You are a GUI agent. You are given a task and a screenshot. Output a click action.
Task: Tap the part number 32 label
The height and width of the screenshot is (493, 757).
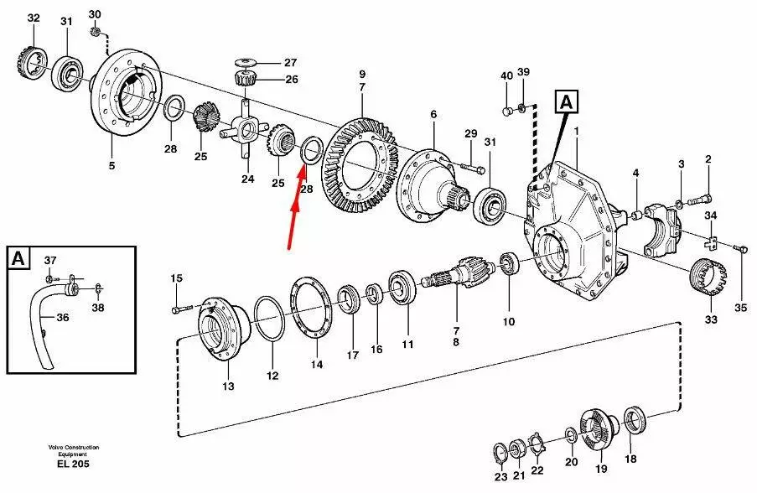pos(34,18)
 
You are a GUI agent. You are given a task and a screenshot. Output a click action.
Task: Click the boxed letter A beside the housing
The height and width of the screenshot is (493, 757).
pos(567,102)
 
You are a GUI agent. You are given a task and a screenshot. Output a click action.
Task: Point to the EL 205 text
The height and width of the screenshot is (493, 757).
pos(73,464)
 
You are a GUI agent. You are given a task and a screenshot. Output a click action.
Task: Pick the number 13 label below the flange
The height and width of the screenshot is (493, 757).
pos(228,386)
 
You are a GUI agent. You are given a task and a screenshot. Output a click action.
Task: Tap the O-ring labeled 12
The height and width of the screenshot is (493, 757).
pos(269,319)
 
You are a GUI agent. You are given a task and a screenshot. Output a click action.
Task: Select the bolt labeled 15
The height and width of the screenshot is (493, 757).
pos(182,308)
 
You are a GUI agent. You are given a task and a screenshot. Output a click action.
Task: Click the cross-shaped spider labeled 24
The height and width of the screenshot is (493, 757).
pos(245,129)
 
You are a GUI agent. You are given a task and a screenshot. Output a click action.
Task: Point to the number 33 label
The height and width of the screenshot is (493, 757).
pos(711,319)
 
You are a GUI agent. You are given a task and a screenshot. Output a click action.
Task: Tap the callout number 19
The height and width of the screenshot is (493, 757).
pos(601,469)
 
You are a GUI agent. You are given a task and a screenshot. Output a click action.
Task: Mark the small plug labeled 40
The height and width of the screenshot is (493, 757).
pos(507,112)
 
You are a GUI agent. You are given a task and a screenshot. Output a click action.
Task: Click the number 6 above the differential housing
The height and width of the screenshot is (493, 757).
pos(433,114)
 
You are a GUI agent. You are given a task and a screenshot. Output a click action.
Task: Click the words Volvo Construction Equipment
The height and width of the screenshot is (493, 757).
pos(74,451)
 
